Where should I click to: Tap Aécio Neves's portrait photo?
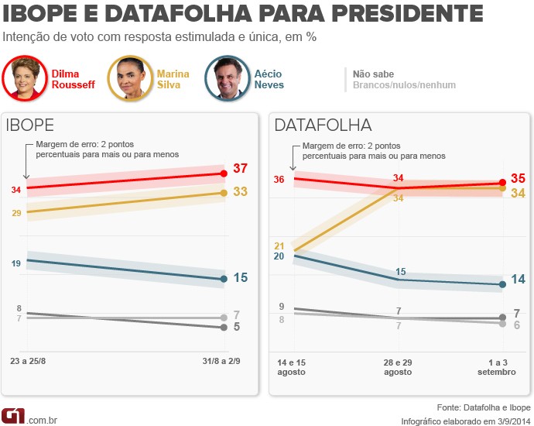tap(228, 78)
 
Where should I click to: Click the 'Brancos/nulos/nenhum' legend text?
tap(404, 85)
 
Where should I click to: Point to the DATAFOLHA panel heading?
tap(323, 125)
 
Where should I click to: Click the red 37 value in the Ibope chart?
tap(241, 170)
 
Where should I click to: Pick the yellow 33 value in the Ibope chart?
tap(241, 191)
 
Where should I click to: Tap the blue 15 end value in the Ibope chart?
tap(241, 277)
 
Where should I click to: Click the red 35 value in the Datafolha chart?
tap(519, 178)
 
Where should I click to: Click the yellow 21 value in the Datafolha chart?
tap(279, 246)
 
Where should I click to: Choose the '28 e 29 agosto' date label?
tap(398, 366)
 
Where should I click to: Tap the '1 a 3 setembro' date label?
tap(495, 366)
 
